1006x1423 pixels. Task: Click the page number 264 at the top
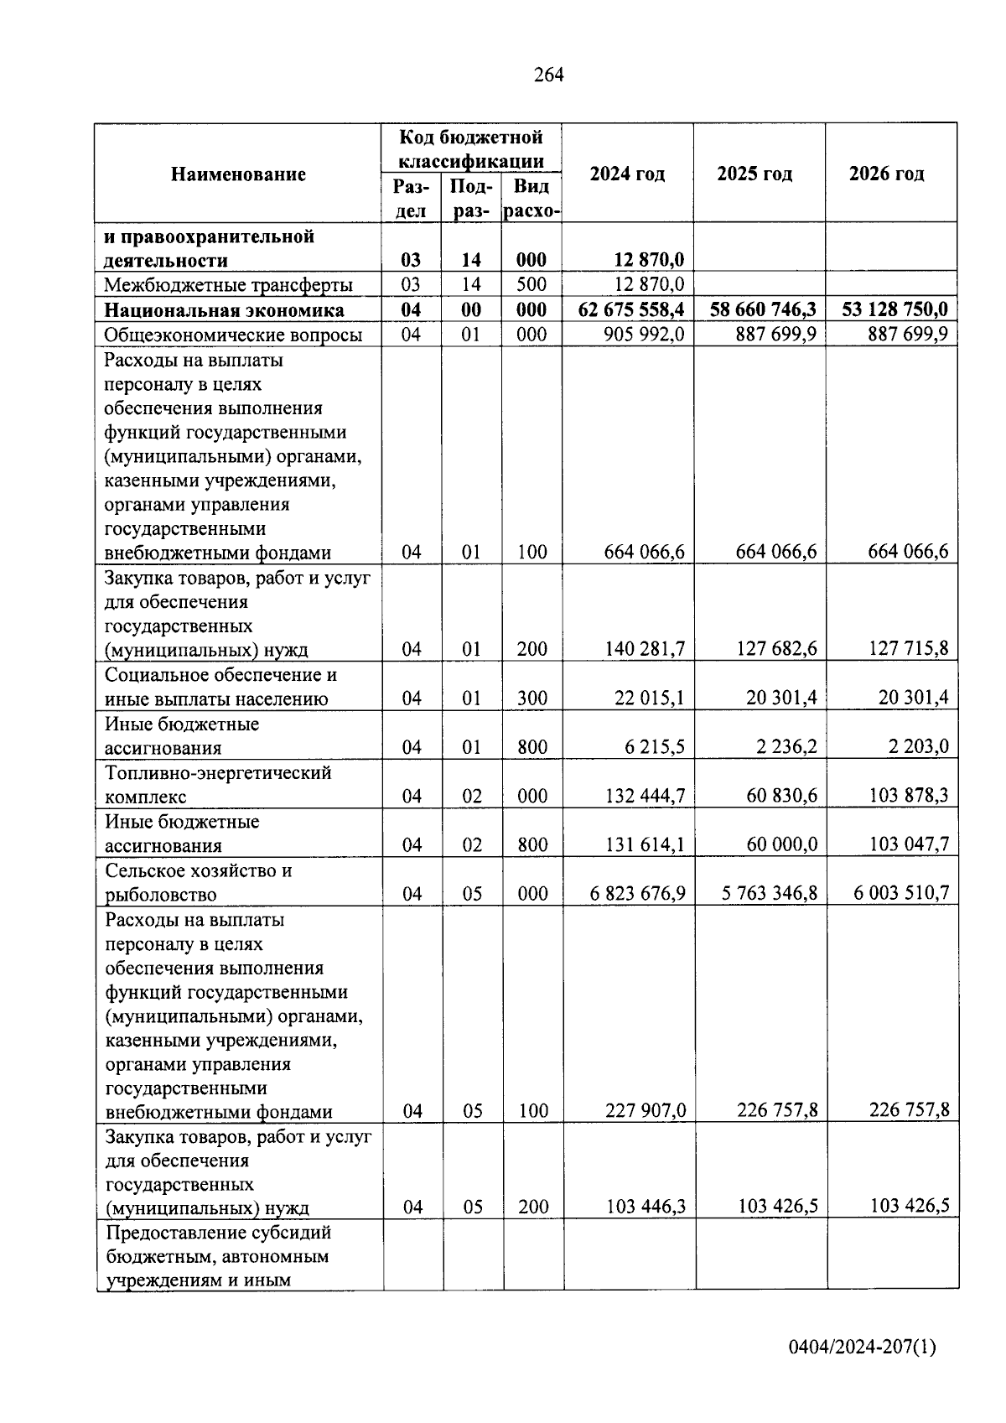click(x=548, y=75)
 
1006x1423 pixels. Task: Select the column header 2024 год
click(x=627, y=174)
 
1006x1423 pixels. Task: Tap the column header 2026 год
click(x=886, y=174)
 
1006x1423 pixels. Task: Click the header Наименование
click(x=238, y=174)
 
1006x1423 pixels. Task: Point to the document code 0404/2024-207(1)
click(x=862, y=1348)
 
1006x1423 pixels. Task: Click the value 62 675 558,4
click(x=631, y=310)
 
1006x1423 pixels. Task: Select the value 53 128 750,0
click(x=895, y=310)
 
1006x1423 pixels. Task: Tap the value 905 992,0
click(x=644, y=335)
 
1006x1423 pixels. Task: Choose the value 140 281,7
click(x=644, y=649)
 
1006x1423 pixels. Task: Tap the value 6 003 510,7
click(x=901, y=894)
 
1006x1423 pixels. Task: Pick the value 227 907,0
click(x=645, y=1111)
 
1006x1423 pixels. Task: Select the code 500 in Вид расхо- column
click(x=532, y=285)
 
